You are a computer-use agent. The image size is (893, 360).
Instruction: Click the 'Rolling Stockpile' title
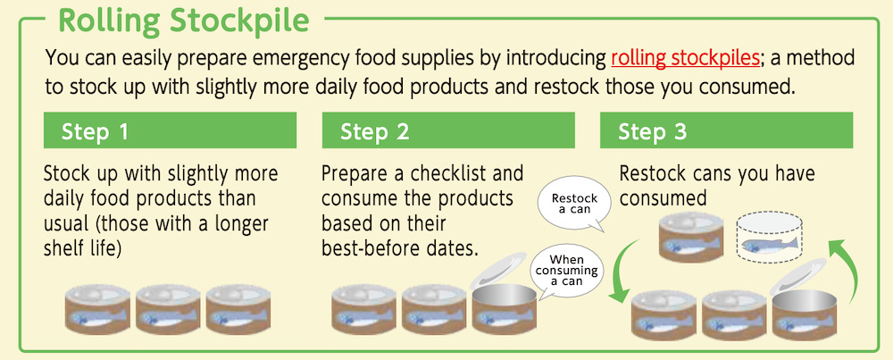point(183,21)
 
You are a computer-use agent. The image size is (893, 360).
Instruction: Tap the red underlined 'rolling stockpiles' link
point(686,58)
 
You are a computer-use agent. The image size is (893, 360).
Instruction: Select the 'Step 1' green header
point(170,130)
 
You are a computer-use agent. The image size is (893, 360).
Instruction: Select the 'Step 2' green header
point(448,130)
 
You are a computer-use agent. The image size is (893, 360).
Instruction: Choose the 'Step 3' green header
point(726,130)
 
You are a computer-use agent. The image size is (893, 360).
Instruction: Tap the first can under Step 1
point(97,309)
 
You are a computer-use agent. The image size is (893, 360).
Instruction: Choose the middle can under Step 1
point(168,309)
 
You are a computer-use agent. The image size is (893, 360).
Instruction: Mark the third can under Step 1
point(238,309)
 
